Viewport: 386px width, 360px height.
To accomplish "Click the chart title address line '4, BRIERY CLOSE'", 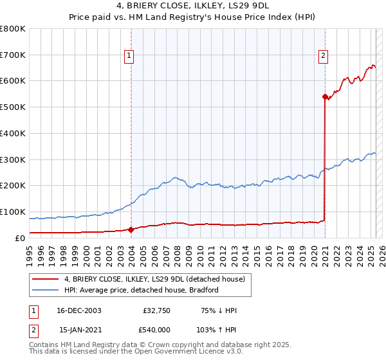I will [x=193, y=6].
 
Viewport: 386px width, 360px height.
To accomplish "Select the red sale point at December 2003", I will [x=131, y=229].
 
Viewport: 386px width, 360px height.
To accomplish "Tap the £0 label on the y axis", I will [x=19, y=238].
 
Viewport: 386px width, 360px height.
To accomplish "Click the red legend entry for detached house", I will [x=154, y=280].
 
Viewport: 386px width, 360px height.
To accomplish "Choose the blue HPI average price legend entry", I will [x=142, y=290].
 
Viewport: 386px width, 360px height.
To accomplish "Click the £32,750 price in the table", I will [x=154, y=311].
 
